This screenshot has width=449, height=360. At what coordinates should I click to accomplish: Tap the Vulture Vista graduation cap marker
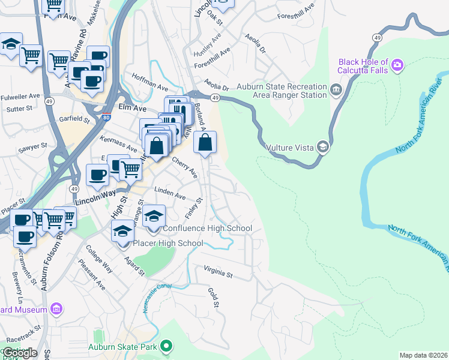point(323,146)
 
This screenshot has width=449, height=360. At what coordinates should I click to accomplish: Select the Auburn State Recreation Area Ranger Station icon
point(336,91)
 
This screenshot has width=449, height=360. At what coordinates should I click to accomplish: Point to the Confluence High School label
point(208,229)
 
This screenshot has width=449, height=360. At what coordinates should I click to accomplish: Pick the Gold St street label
point(213,298)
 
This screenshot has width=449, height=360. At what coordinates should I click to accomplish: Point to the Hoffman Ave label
point(150,87)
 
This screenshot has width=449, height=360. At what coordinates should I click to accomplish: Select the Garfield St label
point(74,119)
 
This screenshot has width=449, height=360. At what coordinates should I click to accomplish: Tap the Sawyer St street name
point(32,146)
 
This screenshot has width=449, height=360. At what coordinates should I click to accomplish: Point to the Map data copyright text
point(423,355)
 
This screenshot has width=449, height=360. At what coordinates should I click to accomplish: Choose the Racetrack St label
point(21,330)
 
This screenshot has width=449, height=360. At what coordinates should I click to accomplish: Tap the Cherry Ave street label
point(184,167)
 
